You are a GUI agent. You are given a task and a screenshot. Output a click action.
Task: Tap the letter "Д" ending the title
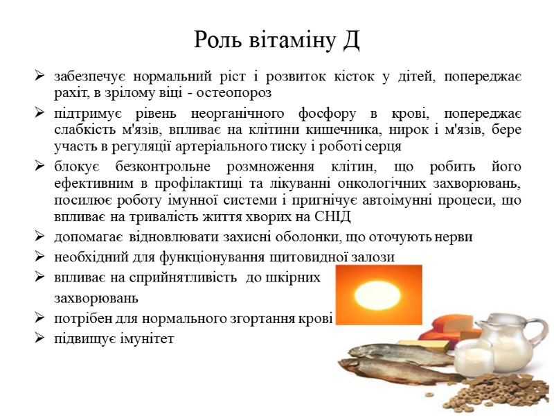pyautogui.click(x=350, y=40)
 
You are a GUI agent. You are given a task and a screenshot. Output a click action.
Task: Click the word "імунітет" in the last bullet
pyautogui.click(x=148, y=339)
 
